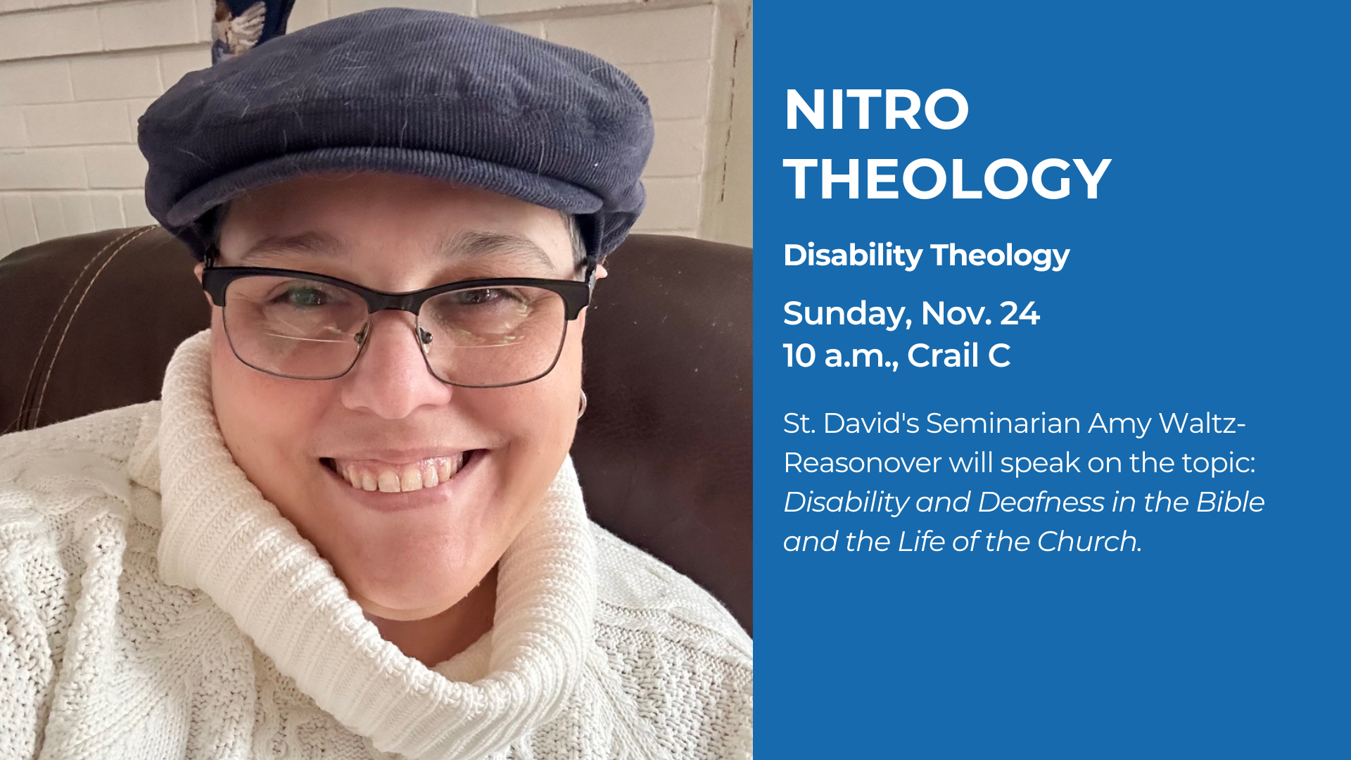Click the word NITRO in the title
[x=876, y=110]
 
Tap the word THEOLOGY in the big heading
[x=947, y=179]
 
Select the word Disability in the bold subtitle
[x=853, y=255]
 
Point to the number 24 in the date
[x=1020, y=313]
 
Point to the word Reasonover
[x=862, y=463]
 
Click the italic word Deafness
[x=1041, y=502]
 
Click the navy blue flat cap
[x=398, y=120]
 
